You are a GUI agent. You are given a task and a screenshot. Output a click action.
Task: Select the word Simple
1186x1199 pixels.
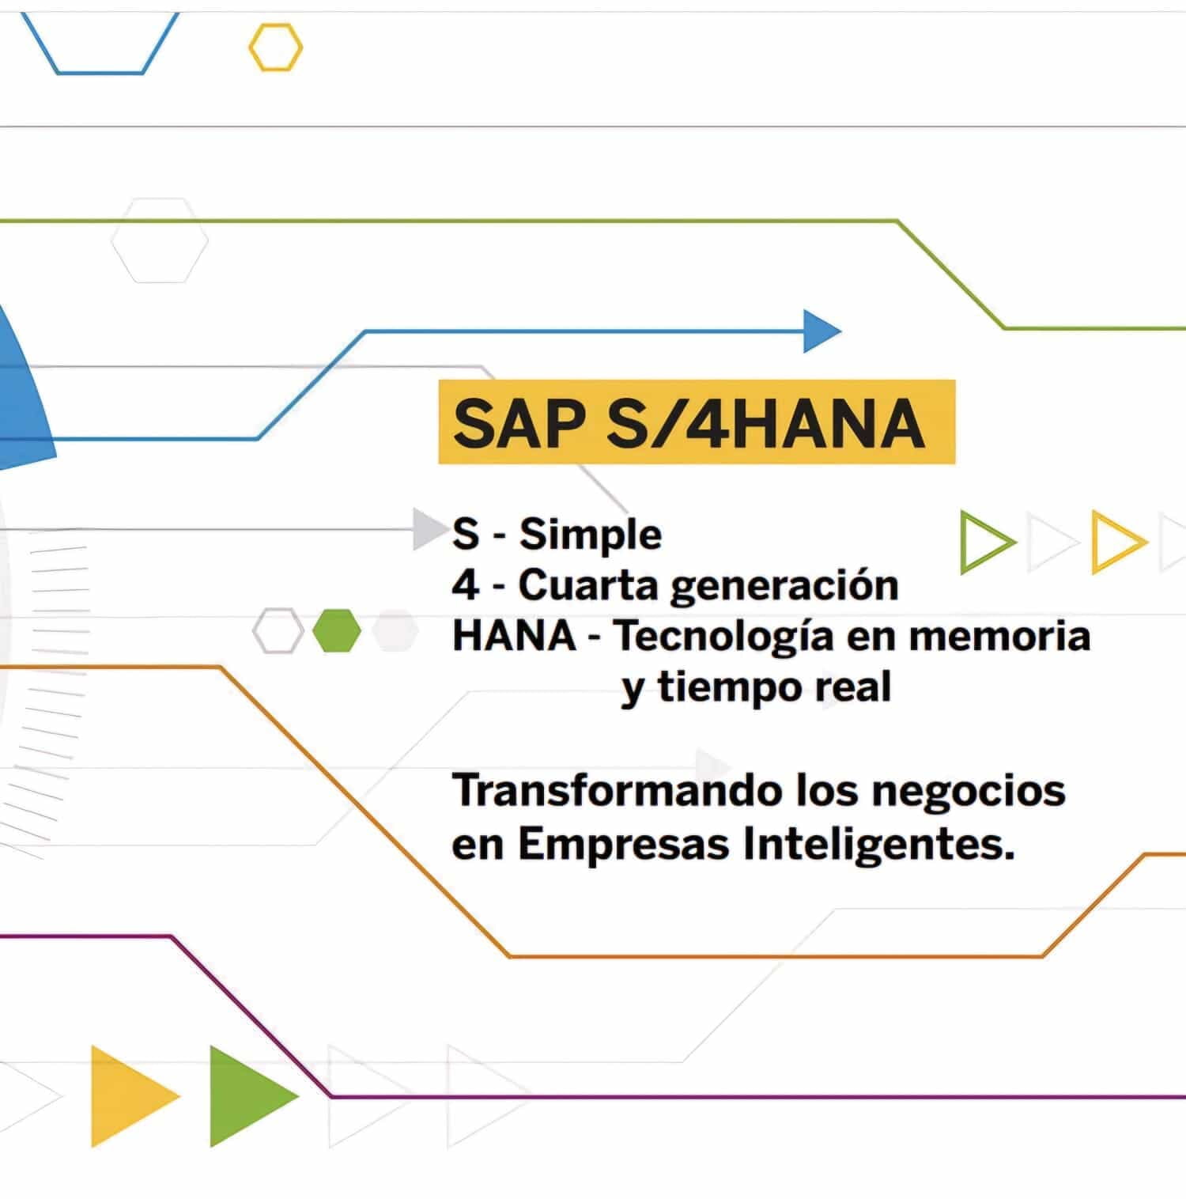590,535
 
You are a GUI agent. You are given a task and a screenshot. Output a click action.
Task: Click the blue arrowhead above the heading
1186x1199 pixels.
822,331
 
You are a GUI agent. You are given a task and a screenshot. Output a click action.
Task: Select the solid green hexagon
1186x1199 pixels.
337,630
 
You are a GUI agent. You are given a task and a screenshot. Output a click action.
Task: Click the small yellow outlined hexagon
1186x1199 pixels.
275,47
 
